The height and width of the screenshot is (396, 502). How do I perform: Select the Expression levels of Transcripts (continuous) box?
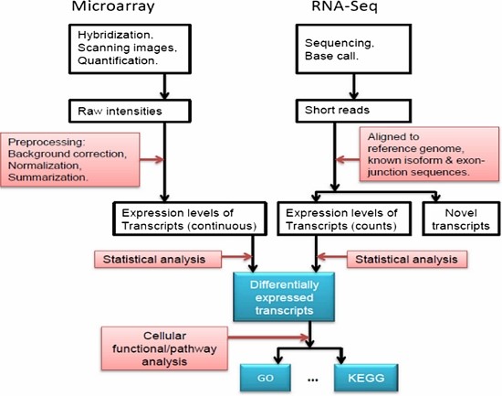coord(186,220)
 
